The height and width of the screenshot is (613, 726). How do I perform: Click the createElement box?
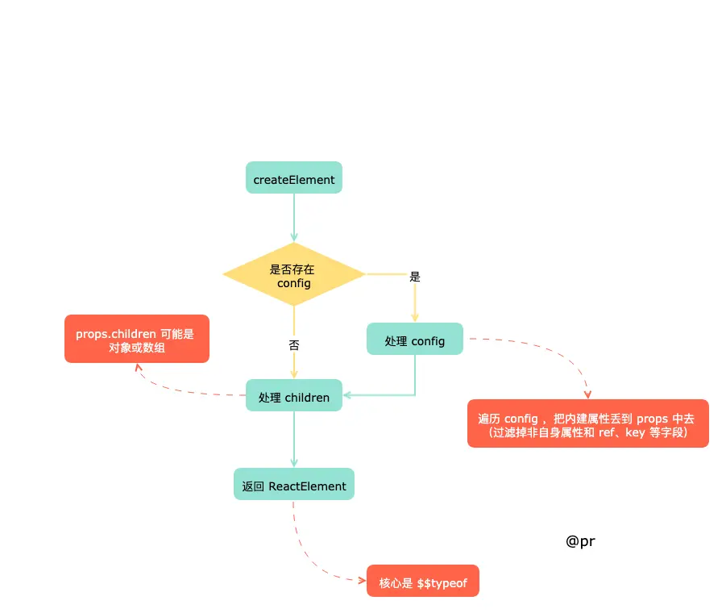293,177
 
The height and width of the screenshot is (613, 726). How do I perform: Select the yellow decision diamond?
293,274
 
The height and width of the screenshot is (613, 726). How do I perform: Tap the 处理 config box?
414,339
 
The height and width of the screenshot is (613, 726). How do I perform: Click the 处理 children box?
293,395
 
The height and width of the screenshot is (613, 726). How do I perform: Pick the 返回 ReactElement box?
293,484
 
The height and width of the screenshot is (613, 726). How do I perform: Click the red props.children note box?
137,339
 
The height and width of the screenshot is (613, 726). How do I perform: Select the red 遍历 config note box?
587,423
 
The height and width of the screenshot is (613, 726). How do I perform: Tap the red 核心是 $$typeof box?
423,581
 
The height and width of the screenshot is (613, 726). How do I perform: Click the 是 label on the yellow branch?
415,277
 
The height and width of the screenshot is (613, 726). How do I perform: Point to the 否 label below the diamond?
294,344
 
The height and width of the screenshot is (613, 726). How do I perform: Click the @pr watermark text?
580,541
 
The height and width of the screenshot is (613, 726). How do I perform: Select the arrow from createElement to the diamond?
293,217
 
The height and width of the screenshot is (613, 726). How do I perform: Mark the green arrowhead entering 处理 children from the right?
346,395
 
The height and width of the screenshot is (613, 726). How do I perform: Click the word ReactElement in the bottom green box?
307,486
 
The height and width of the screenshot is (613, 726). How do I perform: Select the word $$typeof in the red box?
442,583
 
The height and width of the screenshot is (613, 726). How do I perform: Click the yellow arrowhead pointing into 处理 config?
414,318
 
